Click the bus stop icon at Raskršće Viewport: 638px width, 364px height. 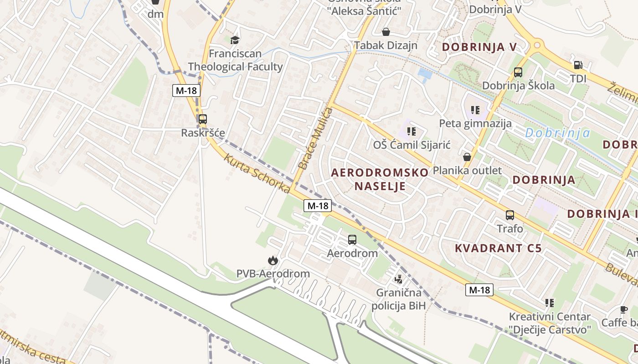coord(203,119)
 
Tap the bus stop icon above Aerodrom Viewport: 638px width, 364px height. coord(352,239)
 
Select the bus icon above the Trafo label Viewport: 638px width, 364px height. coord(509,215)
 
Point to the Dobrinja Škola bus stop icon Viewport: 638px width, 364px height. coord(518,72)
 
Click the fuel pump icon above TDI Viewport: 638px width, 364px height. coord(578,65)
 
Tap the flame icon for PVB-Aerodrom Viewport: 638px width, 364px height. coord(273,260)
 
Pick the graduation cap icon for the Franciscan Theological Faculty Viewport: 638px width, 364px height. coord(235,40)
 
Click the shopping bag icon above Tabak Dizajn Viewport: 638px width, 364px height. coord(386,31)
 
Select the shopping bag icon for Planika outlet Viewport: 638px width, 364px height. coord(467,157)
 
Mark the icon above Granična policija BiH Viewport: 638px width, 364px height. coord(399,278)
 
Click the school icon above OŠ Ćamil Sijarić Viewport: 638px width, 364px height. coord(412,131)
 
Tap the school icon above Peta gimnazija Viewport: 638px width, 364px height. coord(475,110)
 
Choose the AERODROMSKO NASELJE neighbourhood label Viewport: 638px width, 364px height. coord(380,179)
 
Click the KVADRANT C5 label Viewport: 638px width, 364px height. coord(499,248)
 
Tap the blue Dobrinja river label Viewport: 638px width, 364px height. coord(557,133)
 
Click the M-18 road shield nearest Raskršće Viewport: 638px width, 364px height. coord(186,90)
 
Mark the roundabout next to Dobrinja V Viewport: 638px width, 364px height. coord(537,45)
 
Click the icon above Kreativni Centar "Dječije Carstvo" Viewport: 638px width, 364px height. coord(550,303)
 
